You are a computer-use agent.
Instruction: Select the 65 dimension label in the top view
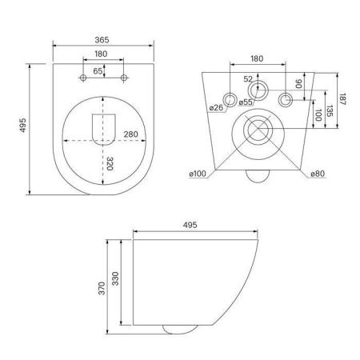pos(98,71)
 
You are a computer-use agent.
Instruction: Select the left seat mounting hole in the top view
pos(84,78)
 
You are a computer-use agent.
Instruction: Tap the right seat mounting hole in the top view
pos(124,78)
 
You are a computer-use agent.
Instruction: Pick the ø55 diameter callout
pos(246,103)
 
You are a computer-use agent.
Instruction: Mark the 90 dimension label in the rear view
pos(298,84)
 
